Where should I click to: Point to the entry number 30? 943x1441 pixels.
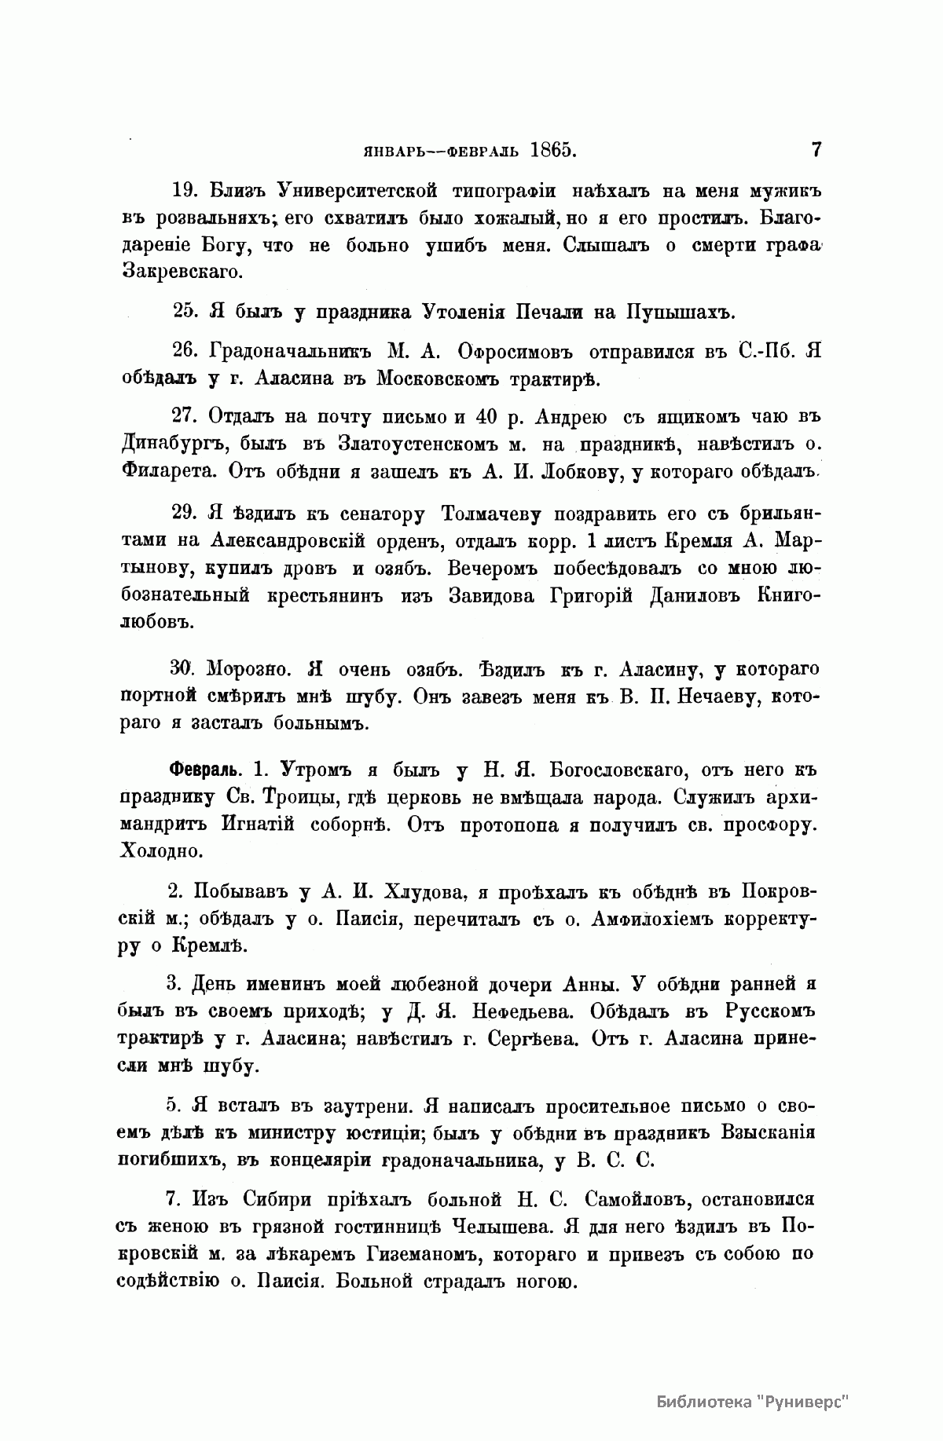180,668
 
